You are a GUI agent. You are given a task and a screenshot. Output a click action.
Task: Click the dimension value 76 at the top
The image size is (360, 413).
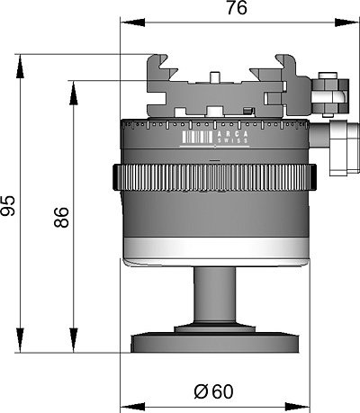coord(237,8)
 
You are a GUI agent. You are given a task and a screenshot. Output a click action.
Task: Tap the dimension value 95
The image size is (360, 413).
coord(8,205)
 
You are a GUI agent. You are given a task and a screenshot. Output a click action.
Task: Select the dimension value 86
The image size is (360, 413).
coord(62,217)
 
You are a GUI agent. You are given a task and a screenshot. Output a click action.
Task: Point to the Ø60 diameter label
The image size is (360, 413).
coord(213,391)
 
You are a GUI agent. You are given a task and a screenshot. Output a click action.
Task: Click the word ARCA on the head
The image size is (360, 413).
coord(233,134)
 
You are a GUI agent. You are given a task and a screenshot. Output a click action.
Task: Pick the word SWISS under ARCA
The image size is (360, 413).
coord(233,140)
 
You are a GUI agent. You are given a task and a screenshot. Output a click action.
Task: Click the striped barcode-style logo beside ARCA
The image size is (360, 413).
coord(197,137)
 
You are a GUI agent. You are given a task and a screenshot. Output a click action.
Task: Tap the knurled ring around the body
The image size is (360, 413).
coord(215,177)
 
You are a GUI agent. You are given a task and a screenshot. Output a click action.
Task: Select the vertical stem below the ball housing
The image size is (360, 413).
coord(214,295)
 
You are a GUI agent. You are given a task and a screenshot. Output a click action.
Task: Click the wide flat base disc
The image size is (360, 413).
coord(215,344)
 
